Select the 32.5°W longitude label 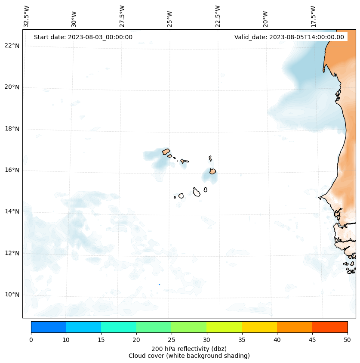click(x=27, y=16)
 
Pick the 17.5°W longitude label click(x=313, y=16)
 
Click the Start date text click(x=83, y=37)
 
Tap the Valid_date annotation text click(x=289, y=37)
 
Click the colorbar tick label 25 click(x=171, y=340)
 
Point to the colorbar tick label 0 click(x=31, y=340)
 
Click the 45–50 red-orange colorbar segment click(x=330, y=327)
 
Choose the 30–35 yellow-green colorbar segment click(x=224, y=327)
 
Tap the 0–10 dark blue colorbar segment click(x=48, y=327)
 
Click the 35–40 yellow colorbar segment click(x=259, y=327)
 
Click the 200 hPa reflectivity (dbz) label click(x=189, y=348)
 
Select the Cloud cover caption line click(x=189, y=356)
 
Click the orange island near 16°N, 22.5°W click(x=212, y=171)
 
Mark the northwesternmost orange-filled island click(x=166, y=152)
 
